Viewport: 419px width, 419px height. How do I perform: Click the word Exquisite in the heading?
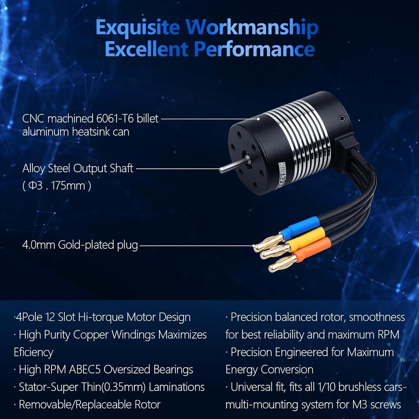[x=137, y=27]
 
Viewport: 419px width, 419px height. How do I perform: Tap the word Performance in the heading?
[x=254, y=49]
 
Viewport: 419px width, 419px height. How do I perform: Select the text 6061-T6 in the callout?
[x=115, y=119]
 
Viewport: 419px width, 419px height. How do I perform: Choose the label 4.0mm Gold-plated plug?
[x=80, y=245]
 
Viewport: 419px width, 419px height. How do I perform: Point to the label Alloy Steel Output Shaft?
[x=78, y=168]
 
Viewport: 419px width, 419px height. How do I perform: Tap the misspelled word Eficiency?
[x=34, y=352]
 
